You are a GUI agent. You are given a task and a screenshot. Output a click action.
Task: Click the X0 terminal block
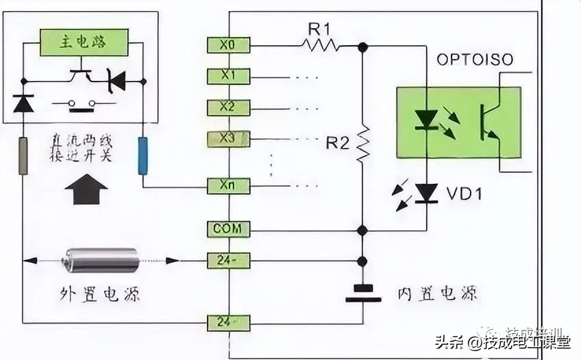[x=228, y=45]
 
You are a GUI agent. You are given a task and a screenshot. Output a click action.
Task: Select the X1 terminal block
[x=228, y=76]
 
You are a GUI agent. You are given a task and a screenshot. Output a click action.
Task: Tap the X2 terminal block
[x=228, y=108]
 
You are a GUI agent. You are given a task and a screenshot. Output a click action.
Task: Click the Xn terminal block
[x=228, y=185]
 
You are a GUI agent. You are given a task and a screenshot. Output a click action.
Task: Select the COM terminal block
[x=228, y=230]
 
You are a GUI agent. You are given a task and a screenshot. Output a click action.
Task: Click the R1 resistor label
[x=320, y=29]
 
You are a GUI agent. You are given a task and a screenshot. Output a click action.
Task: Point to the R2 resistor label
[x=338, y=143]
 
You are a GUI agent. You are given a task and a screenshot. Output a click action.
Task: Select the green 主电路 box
[x=84, y=42]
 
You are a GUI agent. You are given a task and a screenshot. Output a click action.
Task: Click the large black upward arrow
[x=86, y=189]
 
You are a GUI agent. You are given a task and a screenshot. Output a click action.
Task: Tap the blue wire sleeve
[x=143, y=155]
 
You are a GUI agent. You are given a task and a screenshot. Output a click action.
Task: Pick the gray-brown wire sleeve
[x=23, y=155]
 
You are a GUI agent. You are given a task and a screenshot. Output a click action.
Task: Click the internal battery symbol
[x=362, y=293]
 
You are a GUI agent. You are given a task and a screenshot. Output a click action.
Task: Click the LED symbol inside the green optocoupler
[x=427, y=121]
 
